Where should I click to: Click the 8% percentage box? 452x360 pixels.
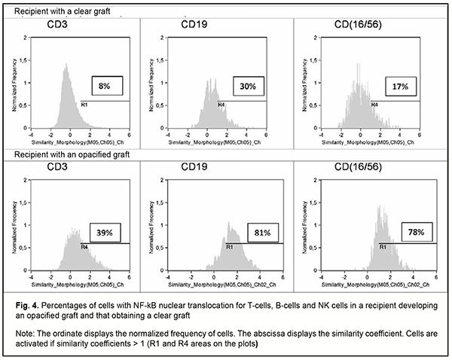pyautogui.click(x=104, y=87)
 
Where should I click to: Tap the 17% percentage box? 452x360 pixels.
pyautogui.click(x=399, y=87)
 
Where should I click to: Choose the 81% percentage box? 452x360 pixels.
pyautogui.click(x=253, y=234)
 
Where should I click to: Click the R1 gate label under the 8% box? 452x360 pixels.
pyautogui.click(x=84, y=105)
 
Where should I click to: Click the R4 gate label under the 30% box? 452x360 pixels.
pyautogui.click(x=221, y=105)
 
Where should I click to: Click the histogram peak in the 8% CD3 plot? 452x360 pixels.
pyautogui.click(x=66, y=66)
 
